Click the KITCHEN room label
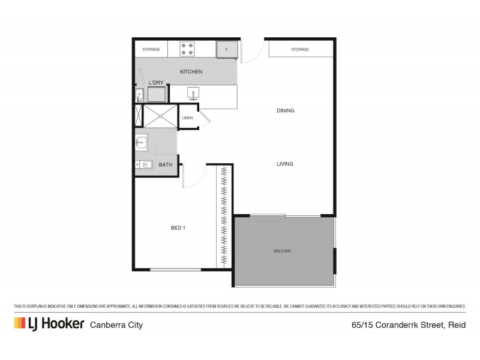coord(191,72)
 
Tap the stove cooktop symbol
coord(187,49)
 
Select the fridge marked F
coord(227,49)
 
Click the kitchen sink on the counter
coord(194,93)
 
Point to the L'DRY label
coord(156,83)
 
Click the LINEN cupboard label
coord(188,118)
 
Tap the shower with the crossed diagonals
coord(161,116)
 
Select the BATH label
coord(166,164)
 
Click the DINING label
coord(286,111)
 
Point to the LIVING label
coord(284,164)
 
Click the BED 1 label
coord(178,227)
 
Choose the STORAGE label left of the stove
coord(151,49)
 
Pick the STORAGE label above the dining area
coord(300,49)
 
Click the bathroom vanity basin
coord(142,142)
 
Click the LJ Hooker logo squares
coord(20,323)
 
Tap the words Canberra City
coord(116,325)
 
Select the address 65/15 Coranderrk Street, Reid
coord(407,325)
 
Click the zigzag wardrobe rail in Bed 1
coord(224,216)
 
